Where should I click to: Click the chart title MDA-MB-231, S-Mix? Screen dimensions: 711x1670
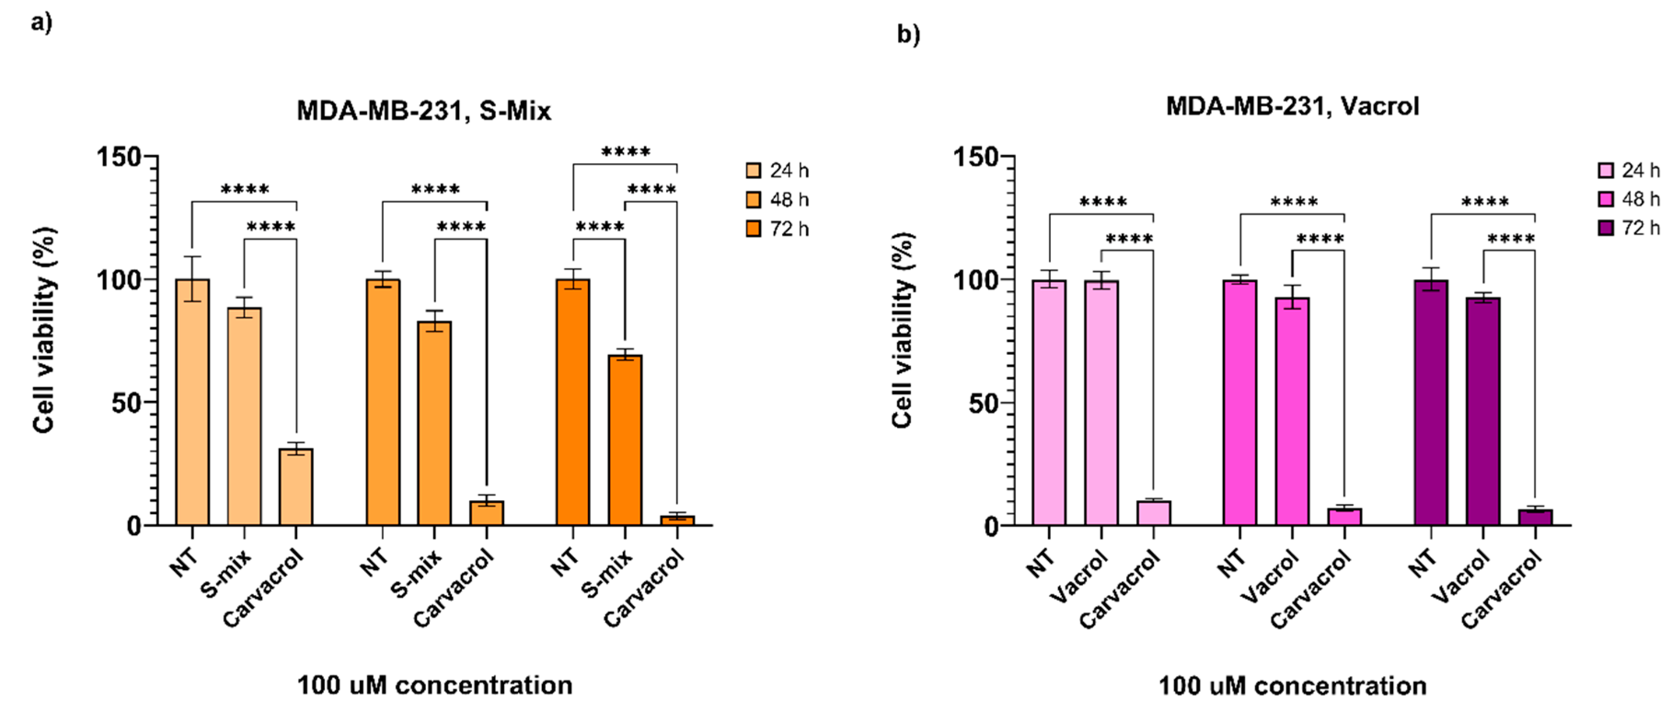tap(423, 111)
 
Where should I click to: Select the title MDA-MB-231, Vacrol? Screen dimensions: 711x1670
tap(1292, 106)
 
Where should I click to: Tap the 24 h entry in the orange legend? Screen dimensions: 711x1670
tap(778, 171)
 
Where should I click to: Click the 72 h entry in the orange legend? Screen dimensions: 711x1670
tap(778, 229)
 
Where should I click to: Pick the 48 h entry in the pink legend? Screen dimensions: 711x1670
tap(1629, 199)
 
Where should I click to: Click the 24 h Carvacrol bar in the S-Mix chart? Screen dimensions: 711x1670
tap(296, 486)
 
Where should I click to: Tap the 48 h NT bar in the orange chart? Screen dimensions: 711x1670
tap(382, 402)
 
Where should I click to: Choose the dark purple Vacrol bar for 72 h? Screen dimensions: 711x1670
tap(1483, 411)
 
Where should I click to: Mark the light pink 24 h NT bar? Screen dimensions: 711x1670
tap(1049, 402)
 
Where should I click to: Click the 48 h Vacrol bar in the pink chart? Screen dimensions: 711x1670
tap(1292, 411)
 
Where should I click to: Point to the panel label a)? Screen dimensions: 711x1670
tap(41, 23)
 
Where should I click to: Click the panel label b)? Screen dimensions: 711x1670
tap(908, 34)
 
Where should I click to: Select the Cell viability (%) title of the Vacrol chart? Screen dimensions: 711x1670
tap(903, 331)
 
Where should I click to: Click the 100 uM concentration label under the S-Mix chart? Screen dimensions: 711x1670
tap(434, 685)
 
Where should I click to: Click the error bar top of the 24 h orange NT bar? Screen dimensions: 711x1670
tap(192, 257)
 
